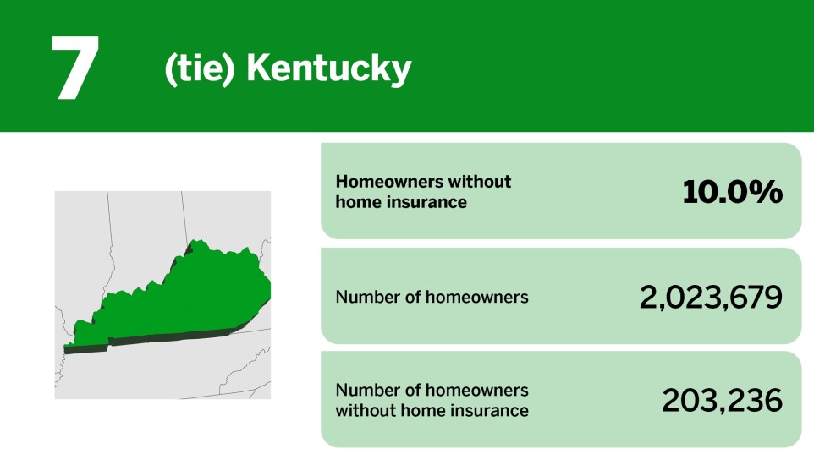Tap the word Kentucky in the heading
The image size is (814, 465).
click(x=328, y=69)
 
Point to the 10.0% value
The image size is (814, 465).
click(x=732, y=192)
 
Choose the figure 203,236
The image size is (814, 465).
click(x=722, y=401)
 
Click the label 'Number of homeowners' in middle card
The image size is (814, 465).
click(x=432, y=297)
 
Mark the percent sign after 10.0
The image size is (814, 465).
click(x=767, y=192)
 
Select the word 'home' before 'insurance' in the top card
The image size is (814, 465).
click(x=356, y=202)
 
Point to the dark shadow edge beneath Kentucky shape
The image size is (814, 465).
click(x=169, y=339)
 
